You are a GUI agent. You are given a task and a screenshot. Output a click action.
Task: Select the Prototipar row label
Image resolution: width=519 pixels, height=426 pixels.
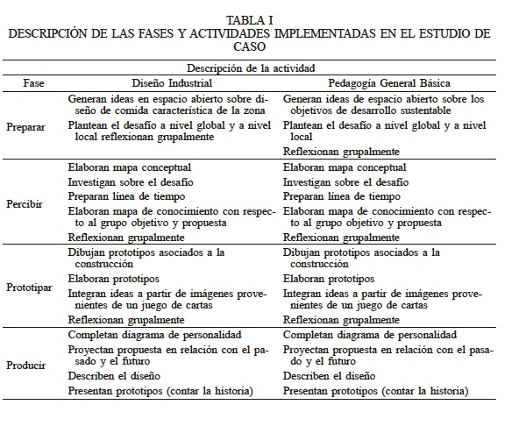[28, 287]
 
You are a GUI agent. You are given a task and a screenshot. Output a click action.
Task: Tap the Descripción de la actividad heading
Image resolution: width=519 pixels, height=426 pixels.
[250, 67]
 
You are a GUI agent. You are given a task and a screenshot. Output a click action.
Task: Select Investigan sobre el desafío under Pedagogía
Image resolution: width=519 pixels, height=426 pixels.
[340, 181]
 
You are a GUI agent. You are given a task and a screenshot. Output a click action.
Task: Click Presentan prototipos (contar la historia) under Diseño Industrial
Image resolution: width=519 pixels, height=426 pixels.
[160, 390]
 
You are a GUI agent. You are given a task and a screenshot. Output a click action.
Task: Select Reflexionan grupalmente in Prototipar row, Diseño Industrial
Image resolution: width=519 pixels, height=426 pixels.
[126, 320]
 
